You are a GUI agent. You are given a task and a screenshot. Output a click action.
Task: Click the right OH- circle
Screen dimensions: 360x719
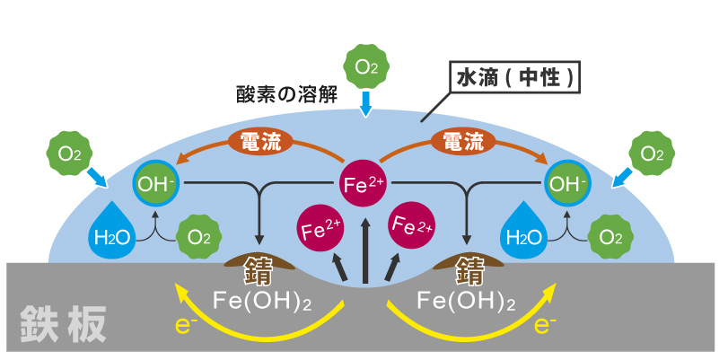pyautogui.click(x=567, y=186)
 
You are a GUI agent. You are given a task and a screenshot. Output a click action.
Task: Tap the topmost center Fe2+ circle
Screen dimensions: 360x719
pyautogui.click(x=364, y=186)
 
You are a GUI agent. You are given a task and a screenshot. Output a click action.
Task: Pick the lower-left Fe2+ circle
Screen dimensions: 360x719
pyautogui.click(x=320, y=228)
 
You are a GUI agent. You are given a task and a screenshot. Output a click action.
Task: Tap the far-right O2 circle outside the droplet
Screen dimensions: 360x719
pyautogui.click(x=653, y=153)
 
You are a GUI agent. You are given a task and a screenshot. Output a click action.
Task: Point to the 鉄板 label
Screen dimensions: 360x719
pyautogui.click(x=62, y=318)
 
